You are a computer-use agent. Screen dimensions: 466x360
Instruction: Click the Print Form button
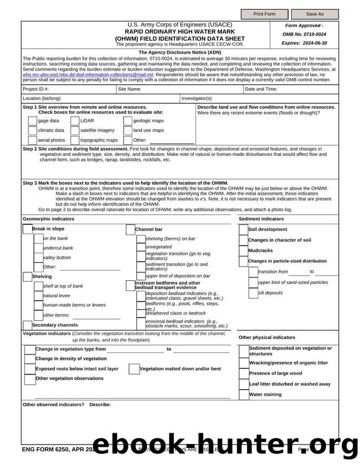click(x=264, y=14)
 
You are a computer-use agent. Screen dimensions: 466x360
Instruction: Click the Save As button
click(x=315, y=14)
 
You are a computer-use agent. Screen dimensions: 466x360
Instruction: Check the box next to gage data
click(x=32, y=121)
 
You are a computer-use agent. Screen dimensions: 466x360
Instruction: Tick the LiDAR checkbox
click(x=75, y=121)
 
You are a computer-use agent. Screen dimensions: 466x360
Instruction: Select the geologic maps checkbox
click(x=127, y=121)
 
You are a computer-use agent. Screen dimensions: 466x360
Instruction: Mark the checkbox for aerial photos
click(x=32, y=140)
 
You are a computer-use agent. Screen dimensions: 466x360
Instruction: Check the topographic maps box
click(x=75, y=140)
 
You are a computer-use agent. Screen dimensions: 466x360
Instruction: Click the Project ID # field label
click(x=36, y=89)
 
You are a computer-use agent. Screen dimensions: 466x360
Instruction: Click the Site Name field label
click(x=129, y=89)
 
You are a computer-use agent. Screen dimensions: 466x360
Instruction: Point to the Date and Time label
click(x=261, y=89)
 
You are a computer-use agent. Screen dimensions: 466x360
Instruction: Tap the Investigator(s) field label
click(x=197, y=98)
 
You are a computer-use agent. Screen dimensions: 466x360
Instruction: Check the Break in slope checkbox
click(x=27, y=229)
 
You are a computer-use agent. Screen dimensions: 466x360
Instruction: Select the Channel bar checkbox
click(x=130, y=229)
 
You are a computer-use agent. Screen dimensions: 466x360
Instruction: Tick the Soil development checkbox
click(x=244, y=229)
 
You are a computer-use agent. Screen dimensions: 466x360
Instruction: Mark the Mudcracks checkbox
click(x=244, y=250)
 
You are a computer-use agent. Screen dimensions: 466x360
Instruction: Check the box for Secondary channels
click(x=27, y=325)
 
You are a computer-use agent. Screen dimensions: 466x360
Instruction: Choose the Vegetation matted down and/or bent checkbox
click(x=135, y=369)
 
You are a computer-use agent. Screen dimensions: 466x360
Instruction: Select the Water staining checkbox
click(x=244, y=394)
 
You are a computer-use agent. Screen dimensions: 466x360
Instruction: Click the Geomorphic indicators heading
click(x=48, y=219)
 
